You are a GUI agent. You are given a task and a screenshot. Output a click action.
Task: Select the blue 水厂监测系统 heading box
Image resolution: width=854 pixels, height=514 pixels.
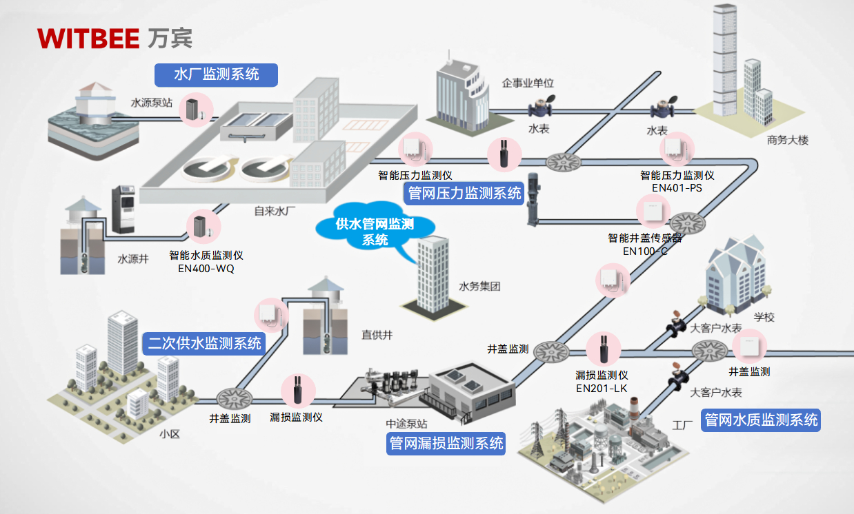coord(217,75)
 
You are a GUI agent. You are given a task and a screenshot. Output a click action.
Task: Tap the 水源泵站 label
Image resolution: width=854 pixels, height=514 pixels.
coord(152,103)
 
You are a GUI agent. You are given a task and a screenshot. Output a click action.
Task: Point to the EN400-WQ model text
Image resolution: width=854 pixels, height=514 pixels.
coord(206,269)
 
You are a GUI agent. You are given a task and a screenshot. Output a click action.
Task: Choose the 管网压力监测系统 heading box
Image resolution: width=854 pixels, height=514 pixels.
coord(464,194)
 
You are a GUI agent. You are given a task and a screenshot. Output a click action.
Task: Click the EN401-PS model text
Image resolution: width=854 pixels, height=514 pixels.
coord(677,187)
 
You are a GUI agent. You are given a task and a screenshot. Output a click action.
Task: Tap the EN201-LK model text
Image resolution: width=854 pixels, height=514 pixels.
coord(602,388)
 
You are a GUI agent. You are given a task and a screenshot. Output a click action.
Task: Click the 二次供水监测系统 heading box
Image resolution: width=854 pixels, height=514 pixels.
coord(205,343)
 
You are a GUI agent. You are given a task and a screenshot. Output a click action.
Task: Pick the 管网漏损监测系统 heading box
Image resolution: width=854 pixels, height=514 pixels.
coord(446,443)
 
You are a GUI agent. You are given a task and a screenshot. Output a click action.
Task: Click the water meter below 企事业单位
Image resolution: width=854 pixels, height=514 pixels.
coord(539,110)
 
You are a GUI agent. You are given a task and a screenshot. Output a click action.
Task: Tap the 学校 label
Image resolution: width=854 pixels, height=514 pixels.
coord(764,318)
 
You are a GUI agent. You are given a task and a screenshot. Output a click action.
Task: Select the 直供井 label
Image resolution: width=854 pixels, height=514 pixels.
coord(377,335)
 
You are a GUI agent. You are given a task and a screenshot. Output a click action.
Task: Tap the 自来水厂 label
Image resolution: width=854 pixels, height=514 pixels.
coord(275,211)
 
